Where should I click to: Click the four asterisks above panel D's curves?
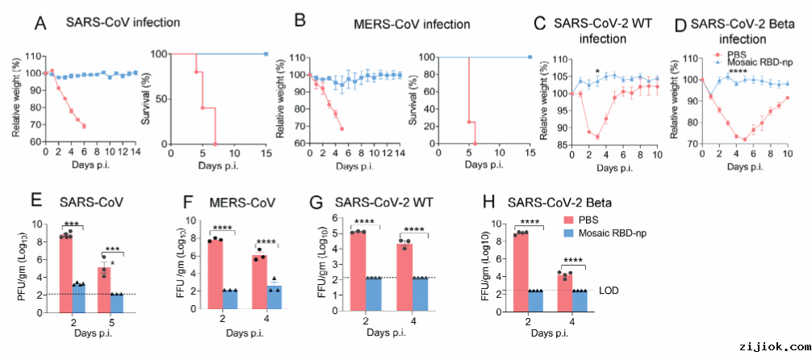coord(736,72)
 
